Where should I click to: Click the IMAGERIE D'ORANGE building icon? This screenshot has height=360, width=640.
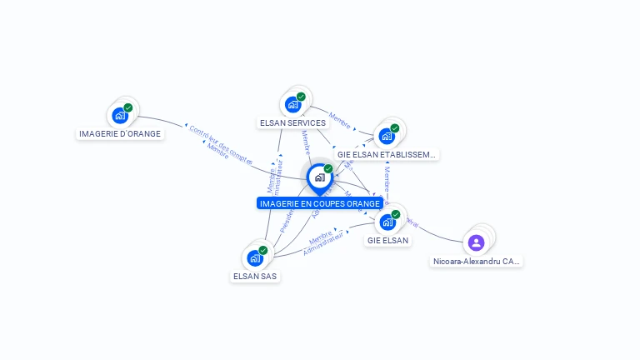tap(119, 115)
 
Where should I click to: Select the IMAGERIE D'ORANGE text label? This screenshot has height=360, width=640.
tap(120, 133)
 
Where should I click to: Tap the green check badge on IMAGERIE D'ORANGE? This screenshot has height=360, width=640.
tap(128, 107)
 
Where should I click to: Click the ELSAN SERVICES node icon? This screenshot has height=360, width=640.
tap(292, 104)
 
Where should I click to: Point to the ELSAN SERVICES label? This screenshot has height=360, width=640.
tap(292, 122)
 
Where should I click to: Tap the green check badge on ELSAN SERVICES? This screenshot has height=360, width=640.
tap(301, 97)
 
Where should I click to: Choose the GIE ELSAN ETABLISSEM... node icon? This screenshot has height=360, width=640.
tap(386, 136)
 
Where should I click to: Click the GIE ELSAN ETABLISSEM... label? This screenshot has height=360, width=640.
tap(387, 154)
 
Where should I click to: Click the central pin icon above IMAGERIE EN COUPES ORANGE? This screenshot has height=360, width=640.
tap(319, 177)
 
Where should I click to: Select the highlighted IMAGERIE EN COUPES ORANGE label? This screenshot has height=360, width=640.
tap(320, 203)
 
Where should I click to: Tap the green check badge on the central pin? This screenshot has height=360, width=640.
tap(328, 169)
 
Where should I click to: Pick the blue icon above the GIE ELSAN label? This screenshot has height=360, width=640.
tap(387, 222)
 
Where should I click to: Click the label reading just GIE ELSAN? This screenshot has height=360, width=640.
tap(387, 240)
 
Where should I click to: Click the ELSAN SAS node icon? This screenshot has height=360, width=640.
tap(254, 257)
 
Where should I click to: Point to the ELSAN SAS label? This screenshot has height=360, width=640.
tap(255, 276)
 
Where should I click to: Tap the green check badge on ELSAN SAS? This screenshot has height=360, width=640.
tap(263, 250)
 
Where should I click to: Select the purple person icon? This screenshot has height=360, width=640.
tap(476, 242)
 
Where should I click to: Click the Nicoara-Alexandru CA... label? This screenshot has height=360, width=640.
tap(477, 261)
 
